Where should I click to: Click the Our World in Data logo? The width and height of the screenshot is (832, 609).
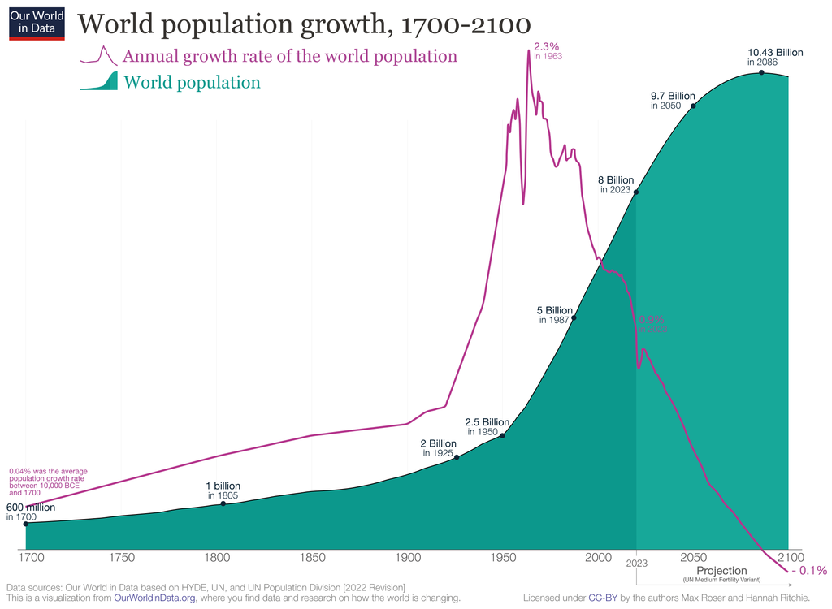37,21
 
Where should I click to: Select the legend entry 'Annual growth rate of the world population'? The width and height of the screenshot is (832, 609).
289,56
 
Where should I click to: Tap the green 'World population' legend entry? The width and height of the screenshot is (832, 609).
192,82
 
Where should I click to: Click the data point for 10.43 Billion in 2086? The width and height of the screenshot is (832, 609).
761,73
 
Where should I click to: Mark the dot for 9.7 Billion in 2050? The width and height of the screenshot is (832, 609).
693,106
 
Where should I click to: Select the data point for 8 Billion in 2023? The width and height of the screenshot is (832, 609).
635,192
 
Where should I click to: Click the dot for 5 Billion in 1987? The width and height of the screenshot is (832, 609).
574,317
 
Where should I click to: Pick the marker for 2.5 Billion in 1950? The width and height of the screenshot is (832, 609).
503,436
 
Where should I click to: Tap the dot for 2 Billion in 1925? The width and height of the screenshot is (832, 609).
457,457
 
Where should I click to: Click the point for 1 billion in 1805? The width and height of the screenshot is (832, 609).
223,504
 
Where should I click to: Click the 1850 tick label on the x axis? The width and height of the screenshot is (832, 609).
312,559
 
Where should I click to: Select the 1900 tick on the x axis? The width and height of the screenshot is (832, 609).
407,559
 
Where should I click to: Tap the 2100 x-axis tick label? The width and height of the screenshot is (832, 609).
789,559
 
